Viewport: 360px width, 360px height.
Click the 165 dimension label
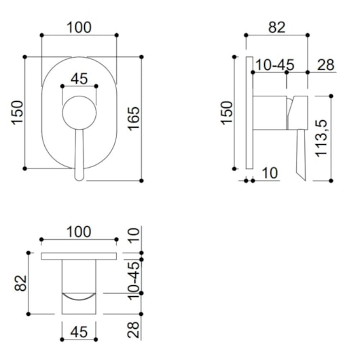[x=134, y=119]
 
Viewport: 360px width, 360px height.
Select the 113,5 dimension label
[x=321, y=138]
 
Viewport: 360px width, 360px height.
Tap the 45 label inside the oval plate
[x=79, y=79]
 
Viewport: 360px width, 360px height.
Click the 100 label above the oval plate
[x=79, y=27]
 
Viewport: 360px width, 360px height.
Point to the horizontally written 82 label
[x=277, y=27]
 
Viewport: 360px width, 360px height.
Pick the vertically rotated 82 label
[x=20, y=283]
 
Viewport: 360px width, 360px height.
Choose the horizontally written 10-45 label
[x=275, y=65]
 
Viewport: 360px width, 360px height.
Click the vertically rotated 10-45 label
[x=134, y=281]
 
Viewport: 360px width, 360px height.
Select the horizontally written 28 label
[x=325, y=65]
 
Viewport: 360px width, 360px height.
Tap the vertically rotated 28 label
[x=133, y=329]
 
